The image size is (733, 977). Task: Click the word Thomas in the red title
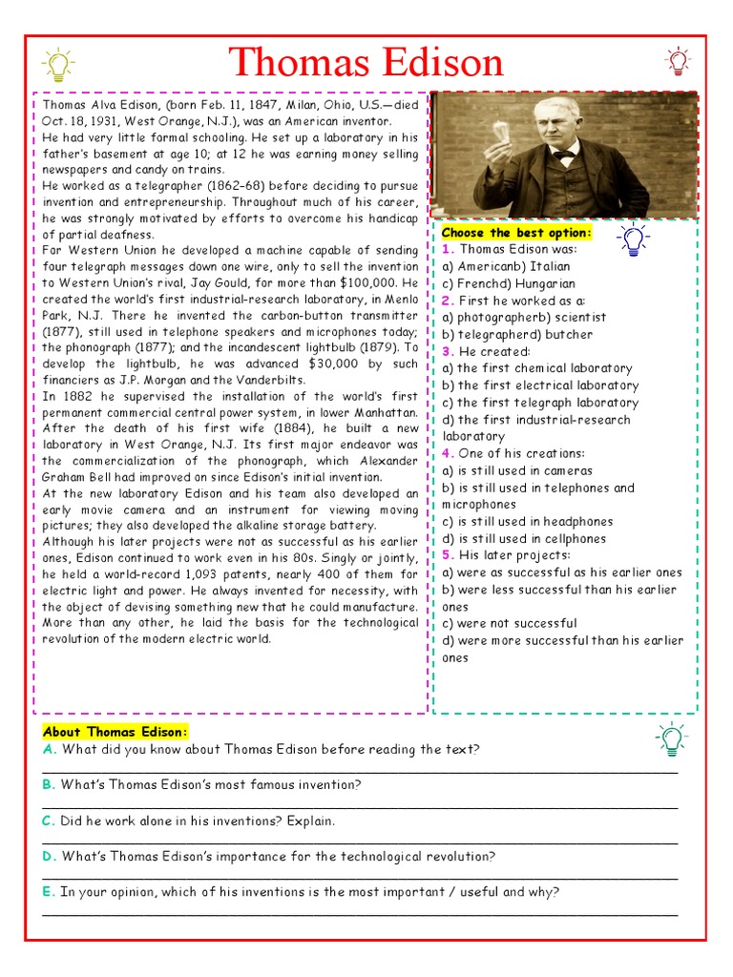[291, 63]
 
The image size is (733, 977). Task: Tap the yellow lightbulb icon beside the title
[57, 65]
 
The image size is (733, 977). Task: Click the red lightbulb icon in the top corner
[677, 61]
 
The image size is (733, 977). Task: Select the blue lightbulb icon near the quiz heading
[633, 238]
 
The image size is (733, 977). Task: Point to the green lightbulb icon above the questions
[671, 738]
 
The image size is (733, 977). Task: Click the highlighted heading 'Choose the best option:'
[516, 233]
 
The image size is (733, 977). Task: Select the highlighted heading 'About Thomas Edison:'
[115, 732]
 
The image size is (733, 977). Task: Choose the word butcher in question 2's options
[570, 335]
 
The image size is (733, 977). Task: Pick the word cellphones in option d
[576, 539]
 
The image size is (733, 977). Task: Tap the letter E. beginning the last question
[49, 892]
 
